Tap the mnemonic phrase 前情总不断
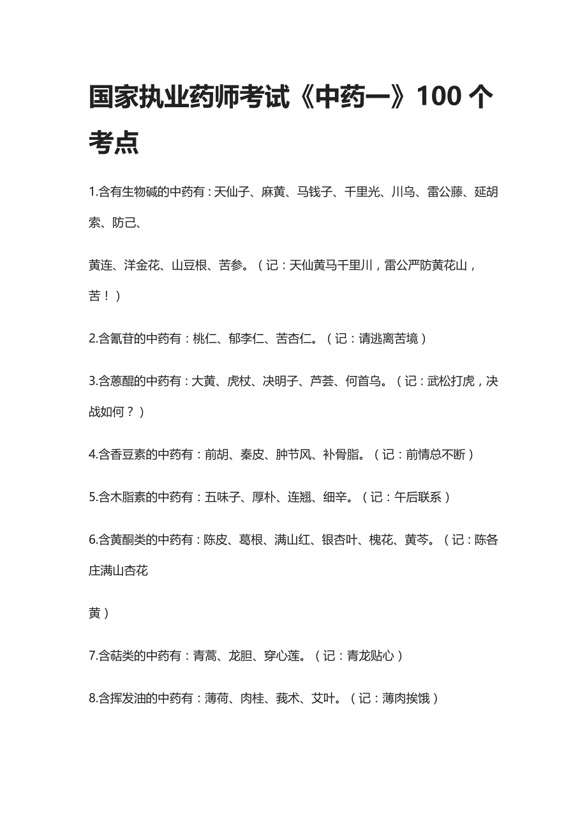[x=435, y=454]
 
